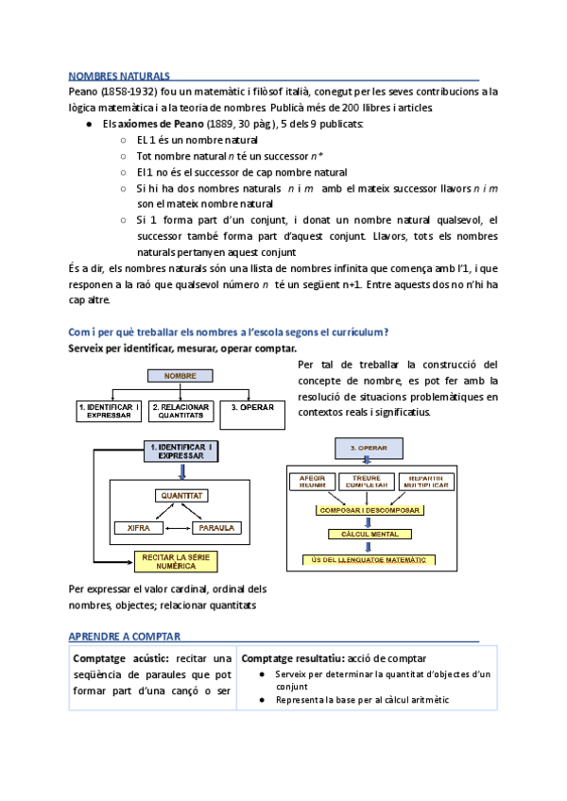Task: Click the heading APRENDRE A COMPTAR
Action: [125, 637]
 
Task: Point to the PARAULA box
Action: [217, 527]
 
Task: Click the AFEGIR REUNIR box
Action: [312, 482]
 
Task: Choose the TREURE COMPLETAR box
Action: [366, 482]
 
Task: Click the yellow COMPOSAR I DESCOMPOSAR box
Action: [367, 509]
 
